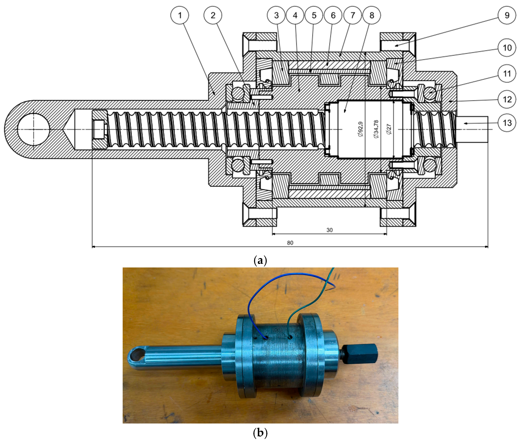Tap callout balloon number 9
(507, 15)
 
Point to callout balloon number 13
(507, 123)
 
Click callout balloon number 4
(295, 15)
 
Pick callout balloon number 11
(507, 73)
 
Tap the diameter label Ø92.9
(360, 129)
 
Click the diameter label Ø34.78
(376, 129)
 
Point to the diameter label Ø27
(389, 129)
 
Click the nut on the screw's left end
(100, 129)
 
